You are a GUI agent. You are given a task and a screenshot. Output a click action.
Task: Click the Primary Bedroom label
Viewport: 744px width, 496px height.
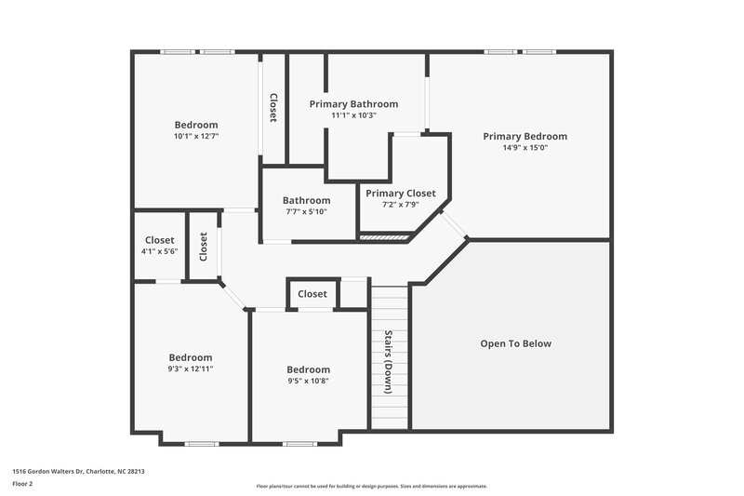point(525,136)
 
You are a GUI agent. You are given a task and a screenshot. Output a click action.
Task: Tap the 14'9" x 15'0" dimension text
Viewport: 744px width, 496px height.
point(525,148)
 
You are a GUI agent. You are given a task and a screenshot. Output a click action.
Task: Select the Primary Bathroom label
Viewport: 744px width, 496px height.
point(353,104)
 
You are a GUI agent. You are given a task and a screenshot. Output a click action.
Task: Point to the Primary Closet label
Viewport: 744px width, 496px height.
point(400,194)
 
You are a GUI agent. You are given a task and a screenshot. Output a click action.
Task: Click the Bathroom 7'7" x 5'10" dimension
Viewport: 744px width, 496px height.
point(306,212)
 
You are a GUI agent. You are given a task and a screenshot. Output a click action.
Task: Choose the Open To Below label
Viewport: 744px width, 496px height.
point(515,343)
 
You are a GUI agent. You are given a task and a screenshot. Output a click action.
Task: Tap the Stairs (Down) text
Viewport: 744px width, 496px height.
point(389,362)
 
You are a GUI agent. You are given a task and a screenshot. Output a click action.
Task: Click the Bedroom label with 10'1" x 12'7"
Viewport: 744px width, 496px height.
point(196,125)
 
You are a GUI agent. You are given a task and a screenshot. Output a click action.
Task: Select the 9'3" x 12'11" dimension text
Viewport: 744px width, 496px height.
point(191,369)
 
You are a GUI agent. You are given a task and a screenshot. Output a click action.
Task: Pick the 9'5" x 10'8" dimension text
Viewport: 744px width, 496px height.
point(308,381)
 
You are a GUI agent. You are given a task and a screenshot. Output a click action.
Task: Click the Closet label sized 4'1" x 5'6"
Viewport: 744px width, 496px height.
point(159,240)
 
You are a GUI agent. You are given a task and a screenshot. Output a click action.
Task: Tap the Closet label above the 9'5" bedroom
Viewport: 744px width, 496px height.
point(312,294)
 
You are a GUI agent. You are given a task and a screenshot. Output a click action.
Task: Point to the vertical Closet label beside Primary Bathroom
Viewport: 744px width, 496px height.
point(273,108)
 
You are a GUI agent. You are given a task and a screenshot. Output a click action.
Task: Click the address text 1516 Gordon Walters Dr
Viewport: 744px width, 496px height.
point(78,472)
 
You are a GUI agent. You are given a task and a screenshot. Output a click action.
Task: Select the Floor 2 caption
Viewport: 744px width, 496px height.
point(24,484)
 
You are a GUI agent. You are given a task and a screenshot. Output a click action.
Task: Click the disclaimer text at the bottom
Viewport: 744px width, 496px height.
point(371,486)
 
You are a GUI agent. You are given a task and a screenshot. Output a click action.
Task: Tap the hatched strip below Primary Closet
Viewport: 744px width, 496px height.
point(384,238)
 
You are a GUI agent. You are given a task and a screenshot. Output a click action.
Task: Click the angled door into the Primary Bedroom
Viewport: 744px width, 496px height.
point(454,225)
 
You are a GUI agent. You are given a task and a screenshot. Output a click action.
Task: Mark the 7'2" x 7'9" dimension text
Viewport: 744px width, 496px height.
point(400,205)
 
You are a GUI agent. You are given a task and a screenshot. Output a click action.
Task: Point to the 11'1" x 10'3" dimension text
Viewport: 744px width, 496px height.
point(353,115)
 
